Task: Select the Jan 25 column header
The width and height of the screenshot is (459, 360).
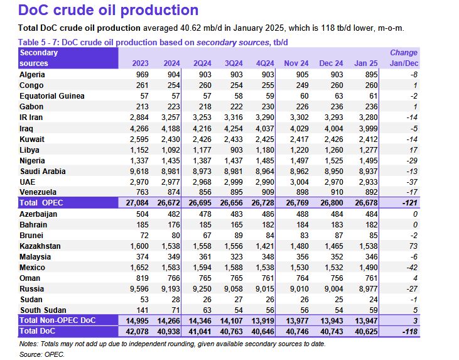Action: pos(366,63)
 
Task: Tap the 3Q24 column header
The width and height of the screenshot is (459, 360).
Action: pos(233,63)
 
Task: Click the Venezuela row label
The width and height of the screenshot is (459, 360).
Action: pos(40,192)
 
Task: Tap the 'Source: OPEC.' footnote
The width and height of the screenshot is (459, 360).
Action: pos(42,354)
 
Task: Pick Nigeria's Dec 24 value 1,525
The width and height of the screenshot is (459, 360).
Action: pos(332,160)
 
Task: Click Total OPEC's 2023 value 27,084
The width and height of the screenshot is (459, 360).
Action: pos(132,202)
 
